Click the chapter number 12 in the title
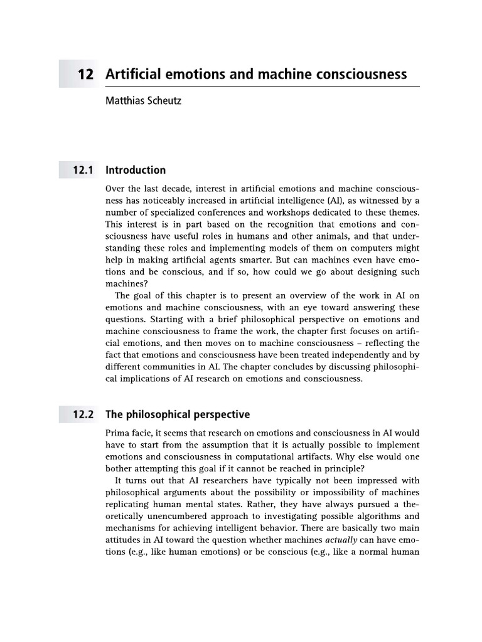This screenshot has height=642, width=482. (85, 75)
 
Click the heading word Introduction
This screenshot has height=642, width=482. (136, 170)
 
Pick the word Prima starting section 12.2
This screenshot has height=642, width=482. (118, 433)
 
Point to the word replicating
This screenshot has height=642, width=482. (129, 494)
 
